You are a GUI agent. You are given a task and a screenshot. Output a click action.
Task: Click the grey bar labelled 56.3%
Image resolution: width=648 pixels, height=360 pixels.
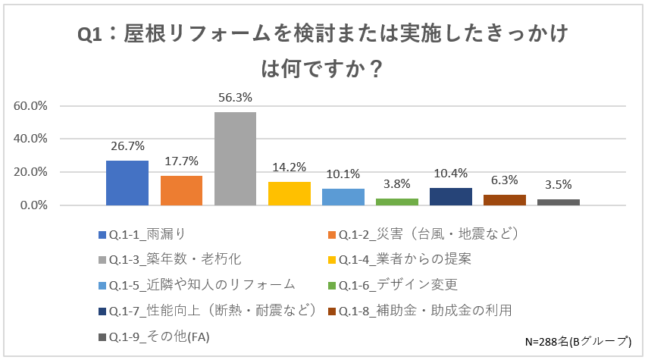[x=235, y=158]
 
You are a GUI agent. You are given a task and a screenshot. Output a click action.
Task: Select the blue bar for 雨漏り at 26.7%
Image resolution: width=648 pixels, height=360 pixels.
[x=127, y=183]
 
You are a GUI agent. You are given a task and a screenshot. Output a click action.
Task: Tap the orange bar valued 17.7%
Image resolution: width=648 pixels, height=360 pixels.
[x=181, y=190]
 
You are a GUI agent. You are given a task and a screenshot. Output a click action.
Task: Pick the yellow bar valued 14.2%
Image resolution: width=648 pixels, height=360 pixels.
[x=289, y=193]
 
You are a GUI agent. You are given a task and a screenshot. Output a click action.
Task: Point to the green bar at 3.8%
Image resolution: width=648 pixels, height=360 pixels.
[x=397, y=202]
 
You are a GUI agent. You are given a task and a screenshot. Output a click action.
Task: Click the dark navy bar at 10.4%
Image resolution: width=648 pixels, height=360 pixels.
[x=451, y=196]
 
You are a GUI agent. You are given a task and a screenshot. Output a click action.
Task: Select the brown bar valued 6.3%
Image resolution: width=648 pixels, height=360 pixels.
[x=505, y=200]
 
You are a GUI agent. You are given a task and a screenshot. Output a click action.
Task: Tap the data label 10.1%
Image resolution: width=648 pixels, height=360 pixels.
[x=343, y=174]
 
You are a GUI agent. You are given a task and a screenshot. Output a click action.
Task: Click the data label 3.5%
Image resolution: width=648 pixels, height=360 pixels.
[x=558, y=185]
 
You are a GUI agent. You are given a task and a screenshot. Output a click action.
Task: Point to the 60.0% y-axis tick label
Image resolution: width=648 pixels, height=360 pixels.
[x=31, y=105]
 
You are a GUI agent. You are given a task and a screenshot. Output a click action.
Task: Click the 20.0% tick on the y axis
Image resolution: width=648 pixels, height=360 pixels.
[x=31, y=172]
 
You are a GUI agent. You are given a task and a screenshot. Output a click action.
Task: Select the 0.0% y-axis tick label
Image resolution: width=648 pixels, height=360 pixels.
[x=34, y=205]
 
